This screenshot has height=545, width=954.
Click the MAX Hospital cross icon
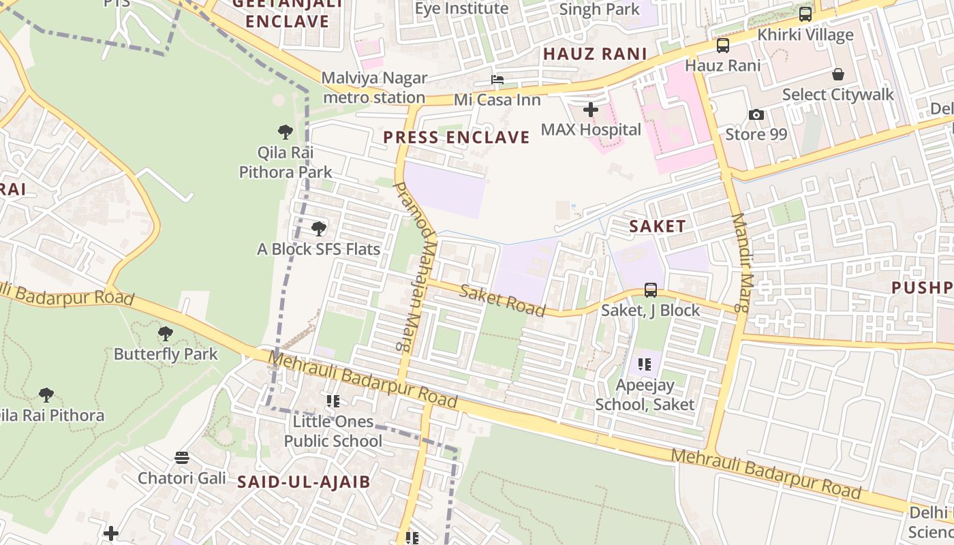point(591,109)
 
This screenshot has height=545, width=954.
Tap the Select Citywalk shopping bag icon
point(837,74)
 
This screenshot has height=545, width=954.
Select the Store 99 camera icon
point(756,114)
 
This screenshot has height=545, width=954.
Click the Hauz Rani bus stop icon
point(722,46)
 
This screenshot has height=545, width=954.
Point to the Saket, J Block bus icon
point(651,290)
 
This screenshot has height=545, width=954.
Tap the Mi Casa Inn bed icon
point(497,80)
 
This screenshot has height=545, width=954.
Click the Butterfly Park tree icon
point(165,334)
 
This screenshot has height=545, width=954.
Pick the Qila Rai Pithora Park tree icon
point(286,132)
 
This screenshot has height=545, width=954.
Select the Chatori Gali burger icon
point(181,458)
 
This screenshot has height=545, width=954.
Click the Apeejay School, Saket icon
point(645,364)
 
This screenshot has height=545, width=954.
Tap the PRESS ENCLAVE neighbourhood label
point(456,138)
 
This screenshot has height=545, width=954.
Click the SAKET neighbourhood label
point(657,227)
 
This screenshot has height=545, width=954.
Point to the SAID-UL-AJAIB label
point(303,482)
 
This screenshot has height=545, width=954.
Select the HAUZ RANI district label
point(594,54)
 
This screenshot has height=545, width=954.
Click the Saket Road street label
point(502,300)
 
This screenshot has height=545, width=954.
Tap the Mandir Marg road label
point(741,263)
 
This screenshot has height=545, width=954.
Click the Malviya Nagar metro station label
point(374,88)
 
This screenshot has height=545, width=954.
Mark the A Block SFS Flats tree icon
point(318,229)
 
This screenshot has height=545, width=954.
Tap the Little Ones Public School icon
point(333,401)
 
